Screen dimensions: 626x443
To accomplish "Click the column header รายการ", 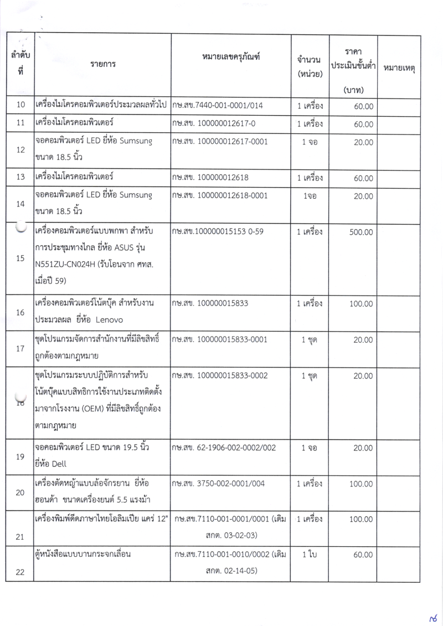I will coord(102,64).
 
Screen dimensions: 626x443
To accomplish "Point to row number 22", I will coord(20,572).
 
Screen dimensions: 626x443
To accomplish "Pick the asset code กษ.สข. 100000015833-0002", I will coord(220,375).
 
